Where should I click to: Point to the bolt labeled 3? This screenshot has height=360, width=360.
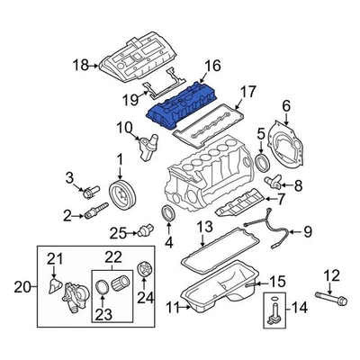89,191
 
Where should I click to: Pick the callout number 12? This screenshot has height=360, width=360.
332,275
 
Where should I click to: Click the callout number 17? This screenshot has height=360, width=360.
247,91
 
